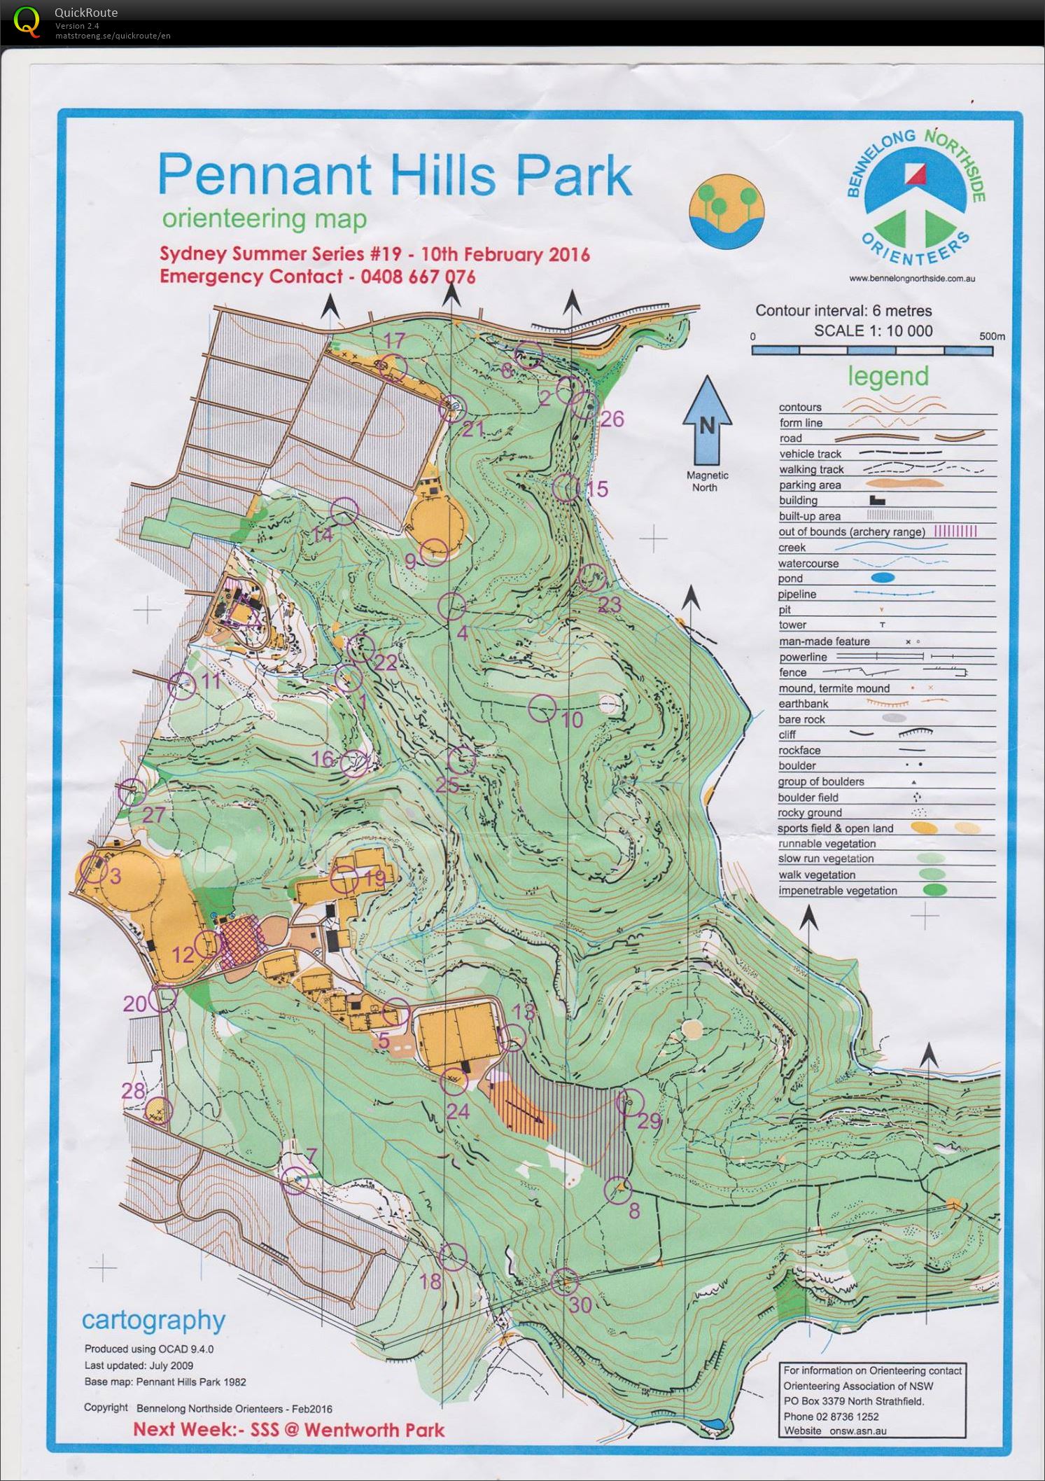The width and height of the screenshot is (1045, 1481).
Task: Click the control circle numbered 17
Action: (394, 366)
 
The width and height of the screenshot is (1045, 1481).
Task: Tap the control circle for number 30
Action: (565, 1281)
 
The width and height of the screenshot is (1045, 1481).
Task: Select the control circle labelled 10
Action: (542, 709)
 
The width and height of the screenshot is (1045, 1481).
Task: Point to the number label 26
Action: (612, 419)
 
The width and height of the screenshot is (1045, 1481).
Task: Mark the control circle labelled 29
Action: (629, 1101)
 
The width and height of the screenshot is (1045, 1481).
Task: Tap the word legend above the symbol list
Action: (888, 376)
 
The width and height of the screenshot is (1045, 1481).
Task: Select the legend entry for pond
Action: (790, 578)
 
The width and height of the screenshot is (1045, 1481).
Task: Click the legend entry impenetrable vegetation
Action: (837, 891)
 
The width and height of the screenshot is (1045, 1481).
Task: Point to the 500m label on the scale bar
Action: (991, 336)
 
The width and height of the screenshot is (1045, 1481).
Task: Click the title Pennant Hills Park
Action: (395, 174)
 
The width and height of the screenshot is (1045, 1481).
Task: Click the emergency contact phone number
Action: (418, 277)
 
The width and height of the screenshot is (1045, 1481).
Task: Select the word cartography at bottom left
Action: (153, 1320)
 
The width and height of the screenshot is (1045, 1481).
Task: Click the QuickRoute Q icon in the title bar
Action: (27, 21)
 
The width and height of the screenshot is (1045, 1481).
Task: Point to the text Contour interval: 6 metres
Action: (843, 311)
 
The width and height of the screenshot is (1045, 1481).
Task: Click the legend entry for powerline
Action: (803, 657)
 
